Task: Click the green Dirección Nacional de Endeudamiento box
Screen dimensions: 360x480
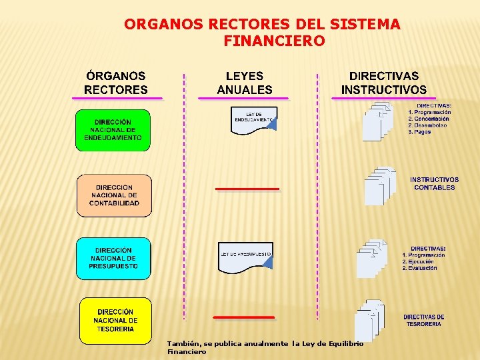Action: [113, 130]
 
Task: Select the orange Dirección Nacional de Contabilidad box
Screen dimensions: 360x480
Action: [114, 195]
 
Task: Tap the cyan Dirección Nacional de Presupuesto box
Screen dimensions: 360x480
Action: [113, 258]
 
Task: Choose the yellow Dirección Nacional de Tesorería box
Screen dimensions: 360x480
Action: [115, 320]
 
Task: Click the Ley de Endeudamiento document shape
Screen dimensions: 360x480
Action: [253, 120]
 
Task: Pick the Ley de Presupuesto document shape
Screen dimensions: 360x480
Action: [245, 257]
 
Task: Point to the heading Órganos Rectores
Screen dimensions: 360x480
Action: [116, 83]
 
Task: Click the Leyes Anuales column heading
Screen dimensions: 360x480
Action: [245, 83]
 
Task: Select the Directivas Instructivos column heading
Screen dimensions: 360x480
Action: [384, 83]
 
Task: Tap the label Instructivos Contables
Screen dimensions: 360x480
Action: [434, 183]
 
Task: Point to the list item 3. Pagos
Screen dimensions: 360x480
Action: [420, 132]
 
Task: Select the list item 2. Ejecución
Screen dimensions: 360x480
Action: [418, 261]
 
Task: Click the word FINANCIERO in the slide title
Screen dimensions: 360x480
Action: [275, 41]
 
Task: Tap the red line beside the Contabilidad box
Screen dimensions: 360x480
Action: [247, 189]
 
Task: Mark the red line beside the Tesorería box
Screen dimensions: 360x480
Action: [244, 317]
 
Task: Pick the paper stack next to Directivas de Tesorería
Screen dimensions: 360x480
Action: [369, 320]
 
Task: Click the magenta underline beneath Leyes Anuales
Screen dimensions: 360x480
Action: [243, 99]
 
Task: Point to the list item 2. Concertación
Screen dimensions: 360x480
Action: [429, 119]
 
